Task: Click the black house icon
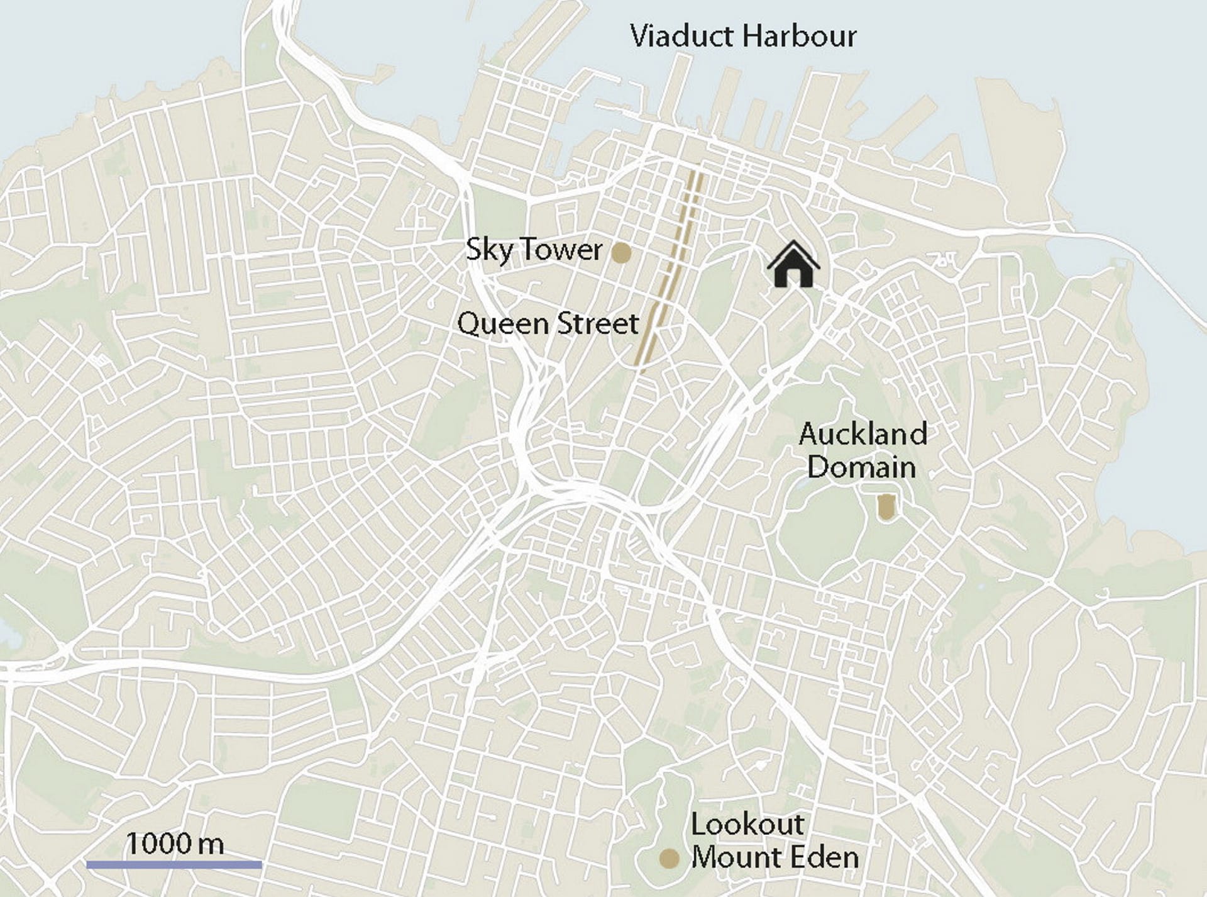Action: click(793, 265)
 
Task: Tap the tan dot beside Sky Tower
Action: click(621, 253)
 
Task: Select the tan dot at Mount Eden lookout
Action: click(669, 858)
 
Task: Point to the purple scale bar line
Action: click(174, 865)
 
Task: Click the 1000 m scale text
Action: click(175, 844)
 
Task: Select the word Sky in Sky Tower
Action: click(489, 250)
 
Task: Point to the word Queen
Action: click(503, 325)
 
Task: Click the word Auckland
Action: click(863, 434)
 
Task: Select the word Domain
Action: click(861, 467)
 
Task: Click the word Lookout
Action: click(747, 824)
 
